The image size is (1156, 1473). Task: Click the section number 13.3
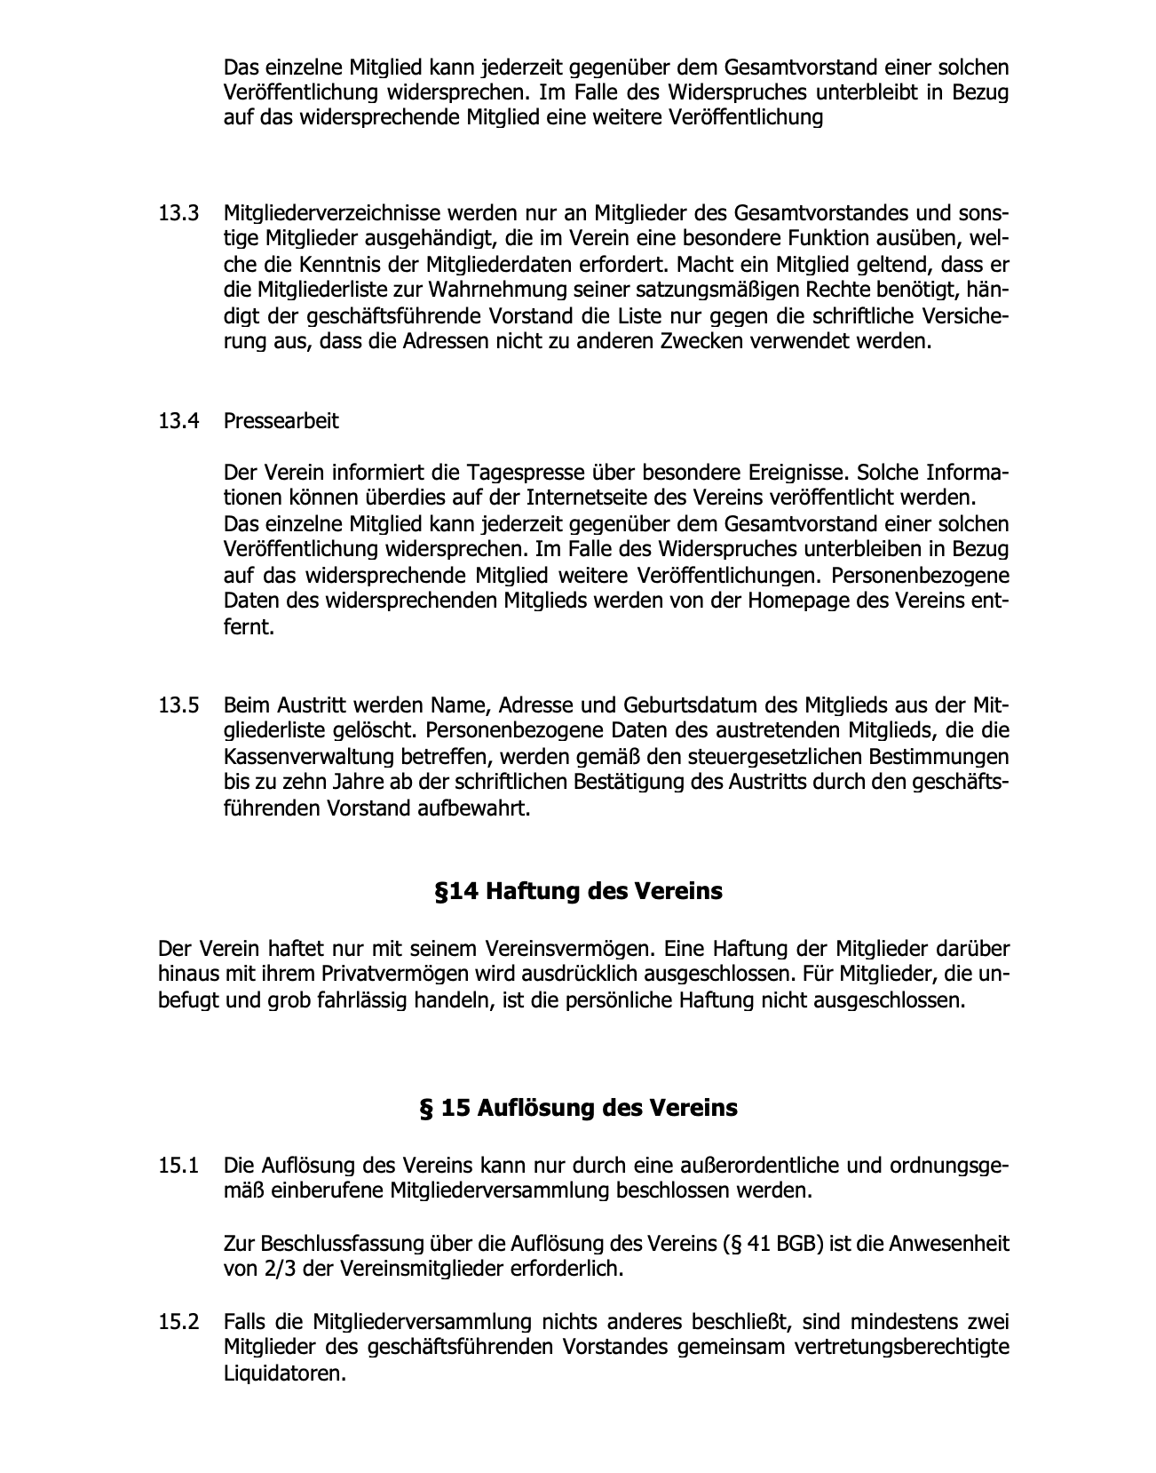pos(178,214)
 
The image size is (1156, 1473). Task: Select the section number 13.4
pos(178,420)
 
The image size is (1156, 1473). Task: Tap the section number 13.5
pos(178,706)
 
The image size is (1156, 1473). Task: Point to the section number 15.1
pos(178,1165)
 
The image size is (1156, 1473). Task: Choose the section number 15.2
pos(178,1322)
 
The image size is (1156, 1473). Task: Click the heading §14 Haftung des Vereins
pos(578,891)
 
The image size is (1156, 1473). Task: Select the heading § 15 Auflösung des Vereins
pos(578,1109)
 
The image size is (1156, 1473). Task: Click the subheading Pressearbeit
pos(281,420)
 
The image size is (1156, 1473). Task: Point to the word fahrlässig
pos(362,1000)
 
